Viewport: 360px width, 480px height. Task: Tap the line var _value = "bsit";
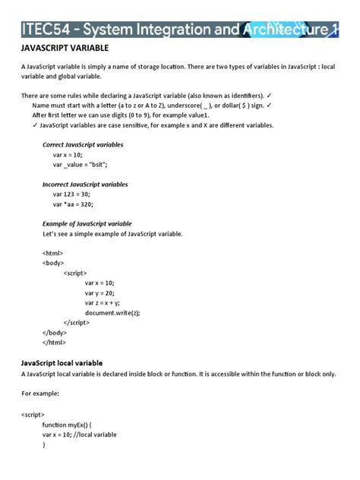[x=81, y=164]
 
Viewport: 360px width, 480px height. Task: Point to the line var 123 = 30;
[x=73, y=194]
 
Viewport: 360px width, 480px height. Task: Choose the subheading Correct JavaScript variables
[x=83, y=144]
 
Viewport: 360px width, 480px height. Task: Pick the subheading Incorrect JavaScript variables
[x=85, y=184]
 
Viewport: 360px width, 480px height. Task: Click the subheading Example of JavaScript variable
[x=87, y=224]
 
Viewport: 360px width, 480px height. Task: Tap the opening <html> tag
[x=53, y=254]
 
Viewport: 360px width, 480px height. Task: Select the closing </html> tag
[x=55, y=343]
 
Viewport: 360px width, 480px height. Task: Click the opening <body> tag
[x=54, y=264]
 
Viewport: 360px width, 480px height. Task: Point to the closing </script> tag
[x=81, y=323]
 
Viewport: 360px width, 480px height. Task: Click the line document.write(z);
[x=112, y=313]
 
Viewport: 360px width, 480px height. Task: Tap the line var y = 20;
[x=100, y=293]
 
